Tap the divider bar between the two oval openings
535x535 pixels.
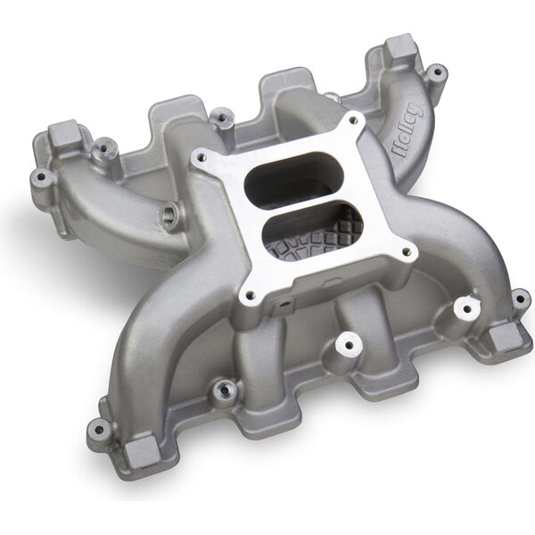[295, 202]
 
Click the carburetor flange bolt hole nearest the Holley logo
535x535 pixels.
[353, 119]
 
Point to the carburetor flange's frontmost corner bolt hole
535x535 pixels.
[251, 294]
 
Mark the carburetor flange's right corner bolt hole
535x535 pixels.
[406, 251]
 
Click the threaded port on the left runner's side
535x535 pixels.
[169, 214]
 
